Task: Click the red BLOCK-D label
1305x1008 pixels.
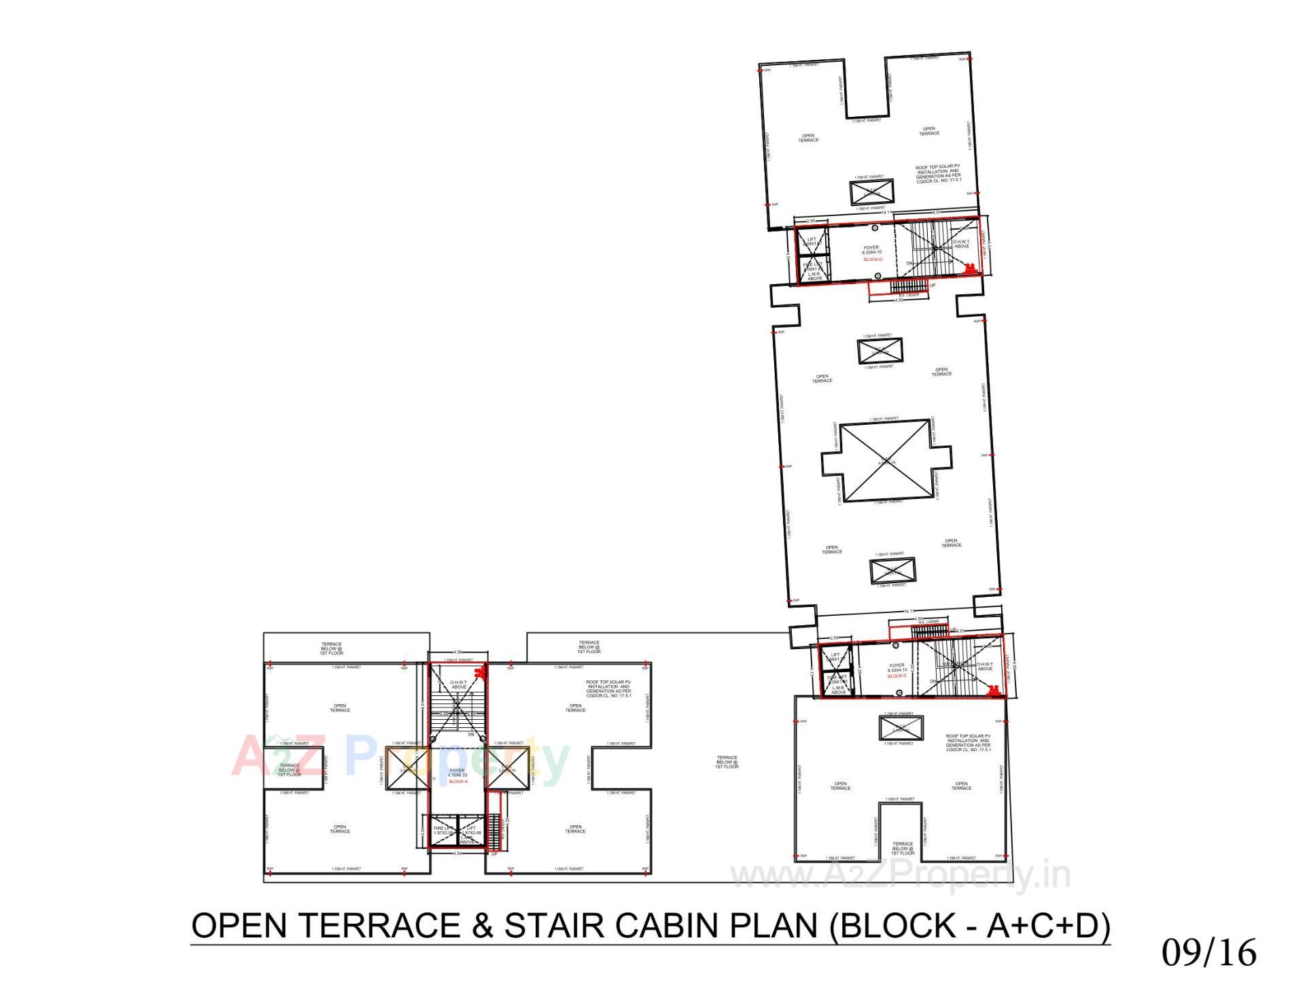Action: [873, 260]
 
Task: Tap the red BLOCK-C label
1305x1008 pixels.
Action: [897, 676]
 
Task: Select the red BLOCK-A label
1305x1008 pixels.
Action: [458, 782]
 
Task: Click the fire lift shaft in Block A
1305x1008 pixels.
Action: [442, 832]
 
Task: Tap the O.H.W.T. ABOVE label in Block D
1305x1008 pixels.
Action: [962, 243]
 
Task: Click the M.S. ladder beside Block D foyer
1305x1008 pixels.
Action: [908, 287]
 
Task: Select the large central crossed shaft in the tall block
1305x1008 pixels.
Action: [885, 462]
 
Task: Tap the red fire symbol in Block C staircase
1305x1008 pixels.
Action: [994, 691]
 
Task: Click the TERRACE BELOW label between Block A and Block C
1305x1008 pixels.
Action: [727, 761]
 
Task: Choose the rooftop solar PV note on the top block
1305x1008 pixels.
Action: [937, 174]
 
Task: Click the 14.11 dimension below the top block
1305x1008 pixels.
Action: [886, 213]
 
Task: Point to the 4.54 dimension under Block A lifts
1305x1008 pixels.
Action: [458, 854]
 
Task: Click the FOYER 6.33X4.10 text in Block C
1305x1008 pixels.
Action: [897, 667]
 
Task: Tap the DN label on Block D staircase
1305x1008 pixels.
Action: [909, 263]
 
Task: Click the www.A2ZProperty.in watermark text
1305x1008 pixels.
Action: [900, 876]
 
